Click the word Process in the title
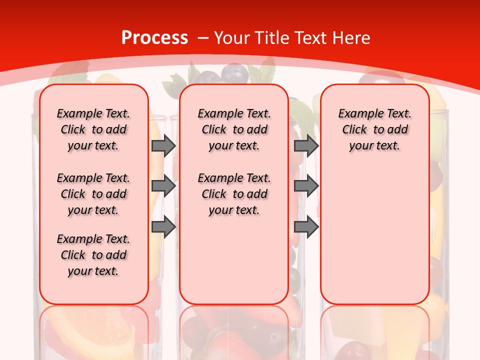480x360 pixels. (154, 38)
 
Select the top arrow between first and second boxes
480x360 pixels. (163, 145)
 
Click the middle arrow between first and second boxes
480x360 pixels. (163, 186)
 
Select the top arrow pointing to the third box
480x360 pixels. (306, 145)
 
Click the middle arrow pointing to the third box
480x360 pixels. (306, 186)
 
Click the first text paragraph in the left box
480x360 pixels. (93, 129)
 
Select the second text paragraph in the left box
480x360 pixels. (93, 194)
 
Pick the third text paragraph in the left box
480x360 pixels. (93, 255)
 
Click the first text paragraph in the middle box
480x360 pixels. (234, 129)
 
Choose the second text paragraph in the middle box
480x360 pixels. (234, 194)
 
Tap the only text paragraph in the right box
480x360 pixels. (374, 129)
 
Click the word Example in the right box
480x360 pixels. (356, 114)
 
